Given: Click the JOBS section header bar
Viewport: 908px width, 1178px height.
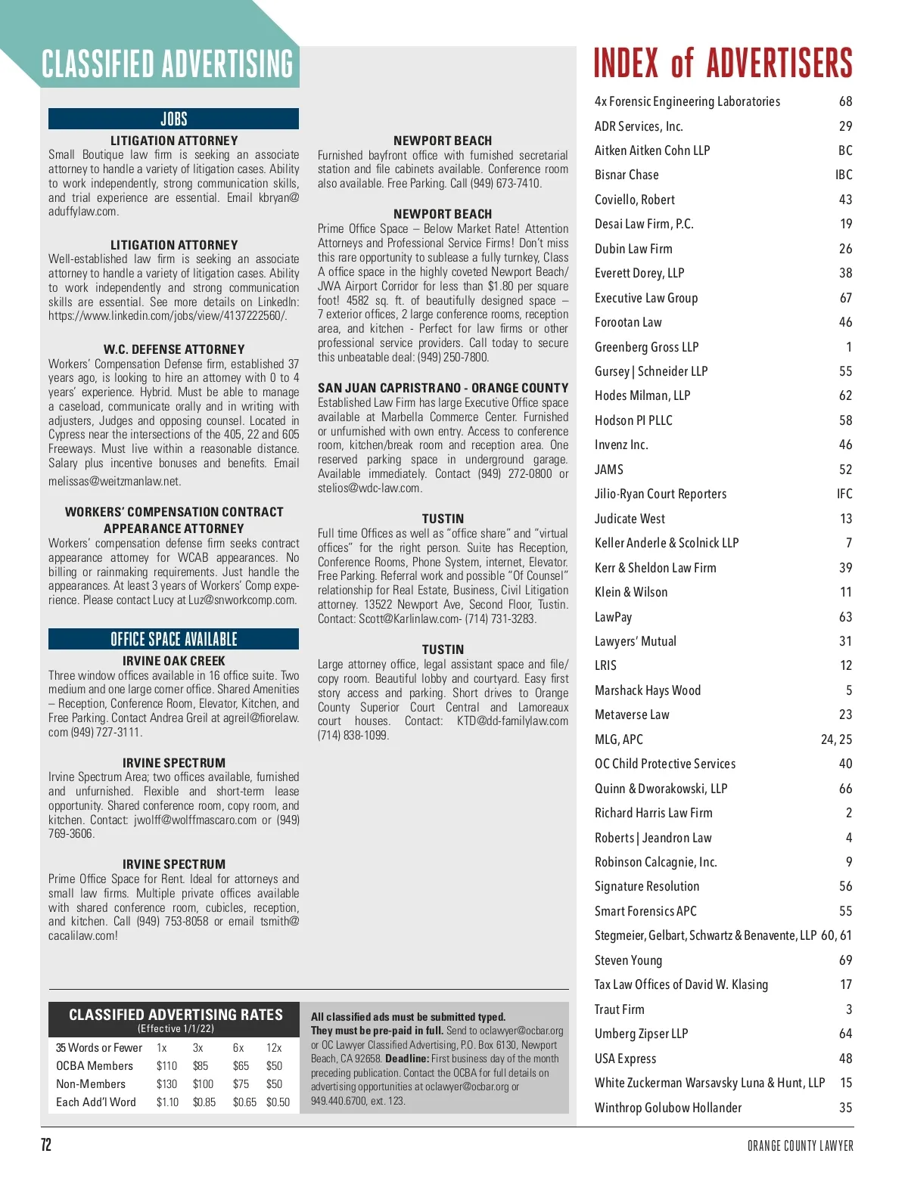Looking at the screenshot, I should [173, 119].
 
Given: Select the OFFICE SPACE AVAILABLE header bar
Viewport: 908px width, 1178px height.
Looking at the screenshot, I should [173, 639].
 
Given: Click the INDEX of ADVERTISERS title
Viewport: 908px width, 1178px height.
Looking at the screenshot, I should [723, 64].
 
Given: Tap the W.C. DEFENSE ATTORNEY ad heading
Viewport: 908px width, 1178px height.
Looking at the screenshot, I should [174, 349].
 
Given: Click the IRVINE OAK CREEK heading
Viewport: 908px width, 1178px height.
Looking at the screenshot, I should [174, 661].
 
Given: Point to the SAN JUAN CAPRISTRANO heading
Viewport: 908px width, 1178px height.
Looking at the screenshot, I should [443, 388].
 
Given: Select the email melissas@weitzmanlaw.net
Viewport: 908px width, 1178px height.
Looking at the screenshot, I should [114, 481].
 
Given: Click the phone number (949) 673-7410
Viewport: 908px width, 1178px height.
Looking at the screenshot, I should [505, 183].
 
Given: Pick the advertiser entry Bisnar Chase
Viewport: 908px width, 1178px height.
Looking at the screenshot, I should [627, 175].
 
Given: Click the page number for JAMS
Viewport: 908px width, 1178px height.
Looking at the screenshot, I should [845, 470].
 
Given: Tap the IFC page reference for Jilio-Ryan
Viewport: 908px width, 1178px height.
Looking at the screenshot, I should [844, 494].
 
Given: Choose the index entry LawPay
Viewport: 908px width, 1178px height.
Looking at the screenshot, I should [613, 617].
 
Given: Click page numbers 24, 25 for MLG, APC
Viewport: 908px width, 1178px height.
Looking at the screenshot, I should [836, 739].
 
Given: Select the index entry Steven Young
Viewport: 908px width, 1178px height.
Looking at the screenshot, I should [628, 960].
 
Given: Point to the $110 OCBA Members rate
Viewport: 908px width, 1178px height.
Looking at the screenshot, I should [166, 1066].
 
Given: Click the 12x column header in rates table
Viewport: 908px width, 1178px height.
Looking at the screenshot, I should [274, 1048].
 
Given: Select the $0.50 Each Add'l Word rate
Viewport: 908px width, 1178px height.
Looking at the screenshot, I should [278, 1102].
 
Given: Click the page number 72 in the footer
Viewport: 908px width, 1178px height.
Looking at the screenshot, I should [46, 1145].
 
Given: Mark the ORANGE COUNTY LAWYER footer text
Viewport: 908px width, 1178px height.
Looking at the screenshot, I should [800, 1146].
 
